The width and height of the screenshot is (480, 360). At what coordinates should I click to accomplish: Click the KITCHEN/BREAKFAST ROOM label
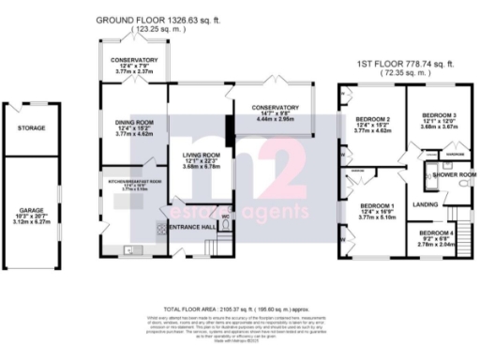[x=136, y=181]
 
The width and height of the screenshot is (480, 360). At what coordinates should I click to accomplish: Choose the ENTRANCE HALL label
[x=193, y=228]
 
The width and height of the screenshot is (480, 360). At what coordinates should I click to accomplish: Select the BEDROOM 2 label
[x=372, y=120]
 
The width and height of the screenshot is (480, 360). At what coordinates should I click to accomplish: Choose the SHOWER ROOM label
[x=451, y=174]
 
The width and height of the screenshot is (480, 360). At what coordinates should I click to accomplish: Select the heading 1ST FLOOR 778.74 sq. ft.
[x=406, y=64]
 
